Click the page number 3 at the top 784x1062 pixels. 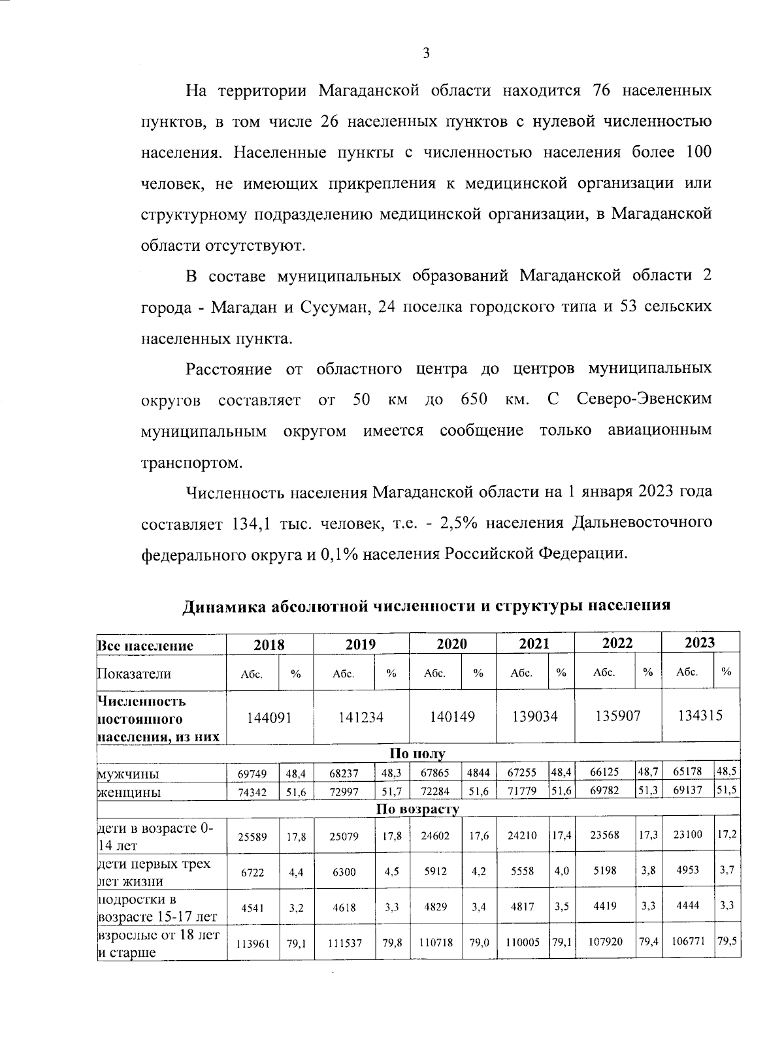click(x=425, y=54)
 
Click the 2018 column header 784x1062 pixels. click(x=269, y=644)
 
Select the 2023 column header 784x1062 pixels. click(x=700, y=642)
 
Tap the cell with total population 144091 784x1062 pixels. click(x=269, y=716)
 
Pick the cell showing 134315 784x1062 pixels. click(x=700, y=715)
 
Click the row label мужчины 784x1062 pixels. click(x=129, y=775)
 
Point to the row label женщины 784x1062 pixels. click(x=129, y=792)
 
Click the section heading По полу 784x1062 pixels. click(x=417, y=754)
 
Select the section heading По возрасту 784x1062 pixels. click(x=417, y=809)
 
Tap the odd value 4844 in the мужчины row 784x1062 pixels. click(x=478, y=772)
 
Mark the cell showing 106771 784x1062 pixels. click(x=687, y=942)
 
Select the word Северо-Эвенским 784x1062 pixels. click(x=644, y=399)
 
